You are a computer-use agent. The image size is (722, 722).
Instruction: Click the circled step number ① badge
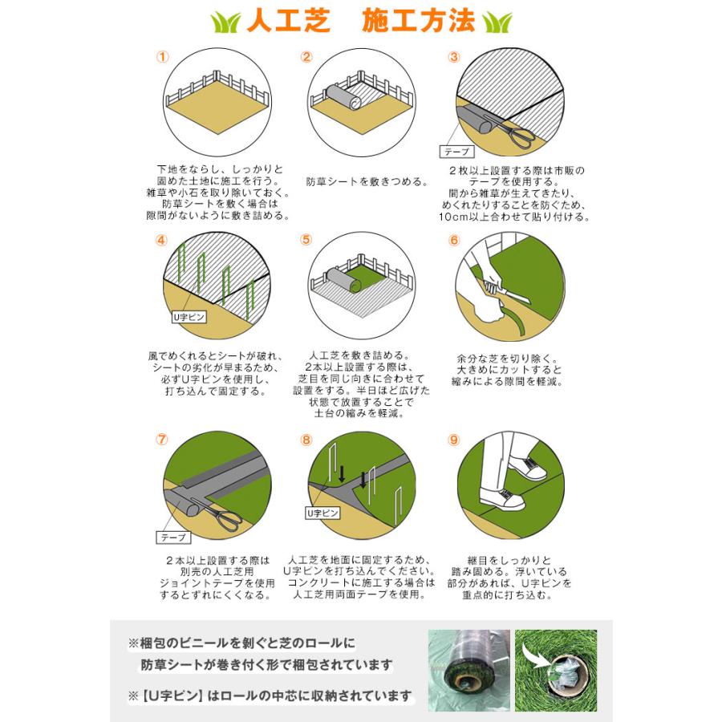click(163, 57)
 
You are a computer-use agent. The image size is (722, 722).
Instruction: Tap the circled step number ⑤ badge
click(306, 240)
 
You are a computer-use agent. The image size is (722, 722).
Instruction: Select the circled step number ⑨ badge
click(454, 440)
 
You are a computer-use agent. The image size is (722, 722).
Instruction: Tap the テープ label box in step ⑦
click(172, 537)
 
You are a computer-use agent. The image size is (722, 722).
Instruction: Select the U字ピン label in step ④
click(190, 317)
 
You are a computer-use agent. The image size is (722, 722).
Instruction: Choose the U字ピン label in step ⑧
click(320, 511)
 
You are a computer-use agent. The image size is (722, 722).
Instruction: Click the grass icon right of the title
click(497, 22)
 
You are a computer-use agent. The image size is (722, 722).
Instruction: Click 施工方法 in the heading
click(418, 21)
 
